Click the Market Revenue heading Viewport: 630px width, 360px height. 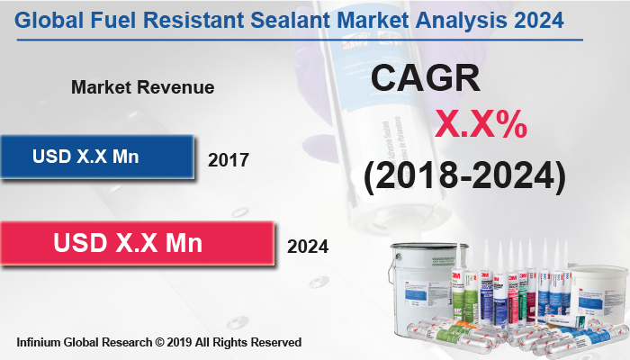(x=142, y=87)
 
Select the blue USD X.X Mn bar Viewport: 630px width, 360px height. (x=97, y=156)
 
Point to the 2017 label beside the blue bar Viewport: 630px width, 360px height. (x=228, y=161)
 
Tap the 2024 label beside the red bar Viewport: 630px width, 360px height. (x=307, y=246)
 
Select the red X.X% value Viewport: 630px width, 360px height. (x=481, y=125)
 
